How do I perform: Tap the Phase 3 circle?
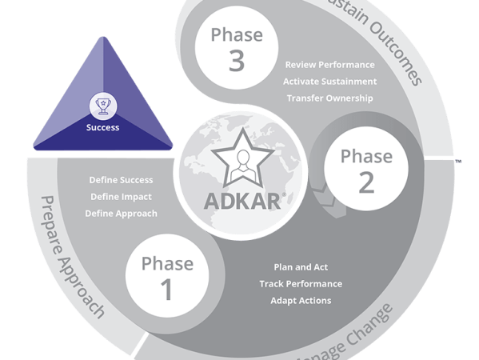(x=236, y=48)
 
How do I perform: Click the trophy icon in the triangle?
(x=102, y=104)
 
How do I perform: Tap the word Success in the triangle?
(x=102, y=126)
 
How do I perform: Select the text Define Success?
(x=121, y=180)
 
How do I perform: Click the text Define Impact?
(x=121, y=197)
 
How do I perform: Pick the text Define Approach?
(x=121, y=214)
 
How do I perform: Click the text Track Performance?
(x=300, y=284)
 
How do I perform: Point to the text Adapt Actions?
(x=300, y=301)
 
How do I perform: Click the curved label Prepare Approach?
(x=73, y=256)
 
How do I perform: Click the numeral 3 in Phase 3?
(x=236, y=62)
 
